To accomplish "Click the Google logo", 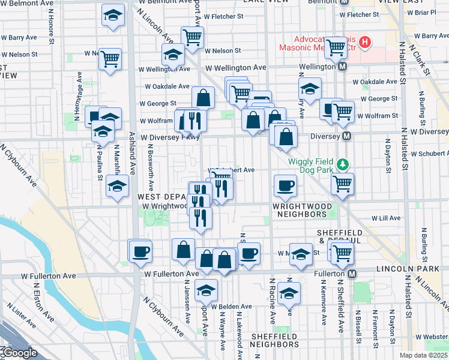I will coord(19,353).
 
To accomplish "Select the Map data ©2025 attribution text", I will coord(423,355).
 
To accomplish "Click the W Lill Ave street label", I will coord(386,219).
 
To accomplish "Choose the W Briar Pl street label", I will coord(424,12).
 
